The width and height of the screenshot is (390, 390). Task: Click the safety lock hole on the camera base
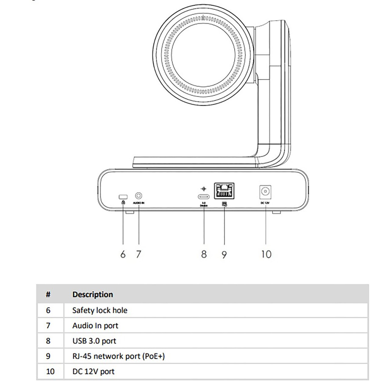[123, 196]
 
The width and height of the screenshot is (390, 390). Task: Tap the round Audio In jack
[139, 195]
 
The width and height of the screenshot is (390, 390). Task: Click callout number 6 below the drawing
[123, 254]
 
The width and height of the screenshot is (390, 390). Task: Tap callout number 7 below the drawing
[139, 254]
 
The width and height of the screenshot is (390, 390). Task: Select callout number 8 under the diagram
[204, 254]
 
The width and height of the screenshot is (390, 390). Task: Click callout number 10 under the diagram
[266, 254]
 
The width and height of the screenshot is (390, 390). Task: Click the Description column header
[93, 295]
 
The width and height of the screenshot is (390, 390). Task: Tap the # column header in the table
[48, 295]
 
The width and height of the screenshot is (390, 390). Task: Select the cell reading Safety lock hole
[100, 310]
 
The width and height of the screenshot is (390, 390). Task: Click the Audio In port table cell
[95, 326]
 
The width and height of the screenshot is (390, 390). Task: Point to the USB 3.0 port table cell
[94, 341]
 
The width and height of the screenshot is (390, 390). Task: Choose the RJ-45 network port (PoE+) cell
[119, 356]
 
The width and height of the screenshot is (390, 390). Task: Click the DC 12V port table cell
[93, 371]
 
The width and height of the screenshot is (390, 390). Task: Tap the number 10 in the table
[50, 371]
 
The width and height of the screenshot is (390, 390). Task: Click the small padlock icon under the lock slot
[123, 202]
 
